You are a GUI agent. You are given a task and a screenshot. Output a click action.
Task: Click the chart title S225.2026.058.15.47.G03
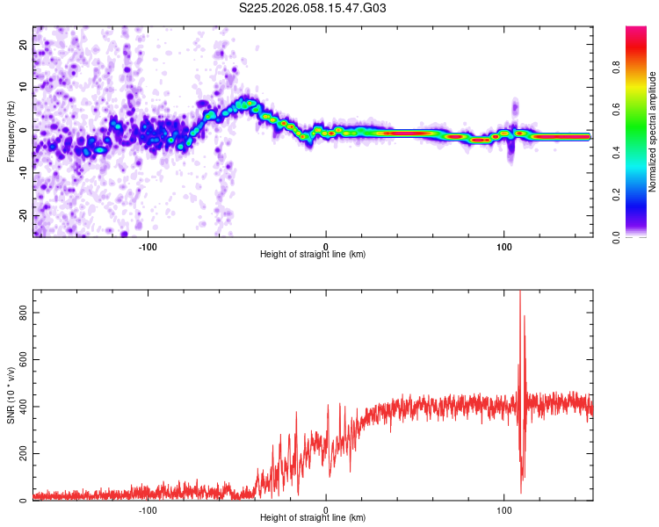pyautogui.click(x=313, y=9)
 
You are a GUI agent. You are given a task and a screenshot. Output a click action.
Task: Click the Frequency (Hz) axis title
pyautogui.click(x=11, y=132)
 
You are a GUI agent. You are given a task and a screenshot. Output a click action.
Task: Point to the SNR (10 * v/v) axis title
pyautogui.click(x=11, y=395)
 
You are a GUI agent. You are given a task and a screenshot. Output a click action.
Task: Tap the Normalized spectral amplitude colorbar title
pyautogui.click(x=652, y=132)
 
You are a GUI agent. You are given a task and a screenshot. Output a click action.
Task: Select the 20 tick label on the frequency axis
pyautogui.click(x=24, y=43)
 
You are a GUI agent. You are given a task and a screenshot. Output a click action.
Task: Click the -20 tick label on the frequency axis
pyautogui.click(x=22, y=215)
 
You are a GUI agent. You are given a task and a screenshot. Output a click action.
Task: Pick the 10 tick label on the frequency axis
pyautogui.click(x=24, y=86)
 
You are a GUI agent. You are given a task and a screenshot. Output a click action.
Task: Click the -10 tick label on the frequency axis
pyautogui.click(x=22, y=172)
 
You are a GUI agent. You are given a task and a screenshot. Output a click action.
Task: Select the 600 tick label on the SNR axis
pyautogui.click(x=19, y=359)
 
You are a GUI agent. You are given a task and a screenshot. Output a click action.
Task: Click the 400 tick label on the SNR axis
pyautogui.click(x=19, y=407)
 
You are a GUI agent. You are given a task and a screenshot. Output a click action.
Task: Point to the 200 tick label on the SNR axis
pyautogui.click(x=19, y=453)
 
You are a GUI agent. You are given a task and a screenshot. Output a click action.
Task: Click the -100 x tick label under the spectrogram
pyautogui.click(x=147, y=245)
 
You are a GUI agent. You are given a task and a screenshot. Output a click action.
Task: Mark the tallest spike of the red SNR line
pyautogui.click(x=520, y=292)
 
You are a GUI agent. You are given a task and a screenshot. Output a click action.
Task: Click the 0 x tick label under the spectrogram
pyautogui.click(x=326, y=245)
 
